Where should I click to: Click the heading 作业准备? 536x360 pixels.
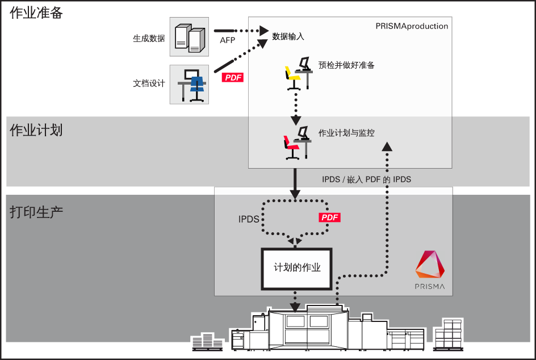click(x=36, y=12)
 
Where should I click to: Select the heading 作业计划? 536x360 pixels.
click(x=36, y=130)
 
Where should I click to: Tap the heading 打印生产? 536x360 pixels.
click(x=36, y=212)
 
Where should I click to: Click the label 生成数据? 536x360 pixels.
click(x=149, y=38)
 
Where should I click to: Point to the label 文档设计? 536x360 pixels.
click(x=149, y=83)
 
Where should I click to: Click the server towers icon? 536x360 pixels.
click(x=190, y=37)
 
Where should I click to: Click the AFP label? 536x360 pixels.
click(x=227, y=40)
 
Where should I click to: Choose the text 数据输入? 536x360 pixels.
click(x=288, y=36)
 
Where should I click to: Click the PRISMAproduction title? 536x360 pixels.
click(x=412, y=26)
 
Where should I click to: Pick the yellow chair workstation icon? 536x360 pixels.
click(x=299, y=73)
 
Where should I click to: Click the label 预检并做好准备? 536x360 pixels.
click(x=346, y=65)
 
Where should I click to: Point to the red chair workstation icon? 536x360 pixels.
click(x=298, y=143)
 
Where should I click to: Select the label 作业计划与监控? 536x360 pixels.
click(x=346, y=133)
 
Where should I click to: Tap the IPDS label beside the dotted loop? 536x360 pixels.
click(x=249, y=219)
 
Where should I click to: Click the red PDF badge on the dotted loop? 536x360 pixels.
click(x=329, y=217)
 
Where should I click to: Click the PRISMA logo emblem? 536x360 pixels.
click(x=430, y=264)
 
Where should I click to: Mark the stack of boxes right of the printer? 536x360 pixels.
click(x=448, y=334)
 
